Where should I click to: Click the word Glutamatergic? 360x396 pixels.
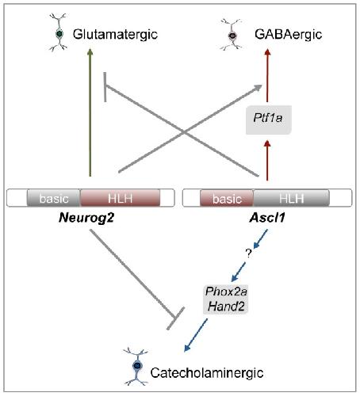tap(115, 35)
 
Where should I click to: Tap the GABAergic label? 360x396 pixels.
tap(289, 35)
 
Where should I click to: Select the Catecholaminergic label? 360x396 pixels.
tap(207, 373)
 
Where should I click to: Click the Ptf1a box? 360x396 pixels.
tap(269, 120)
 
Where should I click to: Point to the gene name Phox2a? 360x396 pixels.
tap(226, 291)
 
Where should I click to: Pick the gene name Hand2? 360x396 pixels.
tap(226, 307)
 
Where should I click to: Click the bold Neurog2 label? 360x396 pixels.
tap(86, 218)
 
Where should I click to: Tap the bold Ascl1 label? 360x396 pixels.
tap(267, 218)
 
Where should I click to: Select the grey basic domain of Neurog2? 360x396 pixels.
tap(54, 198)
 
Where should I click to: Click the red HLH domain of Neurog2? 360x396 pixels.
tap(120, 198)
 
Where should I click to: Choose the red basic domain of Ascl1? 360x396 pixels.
tap(227, 198)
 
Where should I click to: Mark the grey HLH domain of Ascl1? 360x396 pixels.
tap(291, 198)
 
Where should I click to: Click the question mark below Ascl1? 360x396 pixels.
tap(248, 254)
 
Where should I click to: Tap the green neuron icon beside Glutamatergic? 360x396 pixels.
tap(59, 32)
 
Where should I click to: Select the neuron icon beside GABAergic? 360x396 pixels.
tap(232, 35)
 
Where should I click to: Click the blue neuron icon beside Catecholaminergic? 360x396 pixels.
tap(136, 367)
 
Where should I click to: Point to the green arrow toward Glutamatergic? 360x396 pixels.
tap(90, 112)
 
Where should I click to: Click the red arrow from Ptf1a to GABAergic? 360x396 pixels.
tap(267, 75)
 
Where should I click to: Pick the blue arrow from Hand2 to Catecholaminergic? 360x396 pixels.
tap(196, 335)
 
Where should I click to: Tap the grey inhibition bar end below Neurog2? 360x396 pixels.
tap(175, 318)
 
